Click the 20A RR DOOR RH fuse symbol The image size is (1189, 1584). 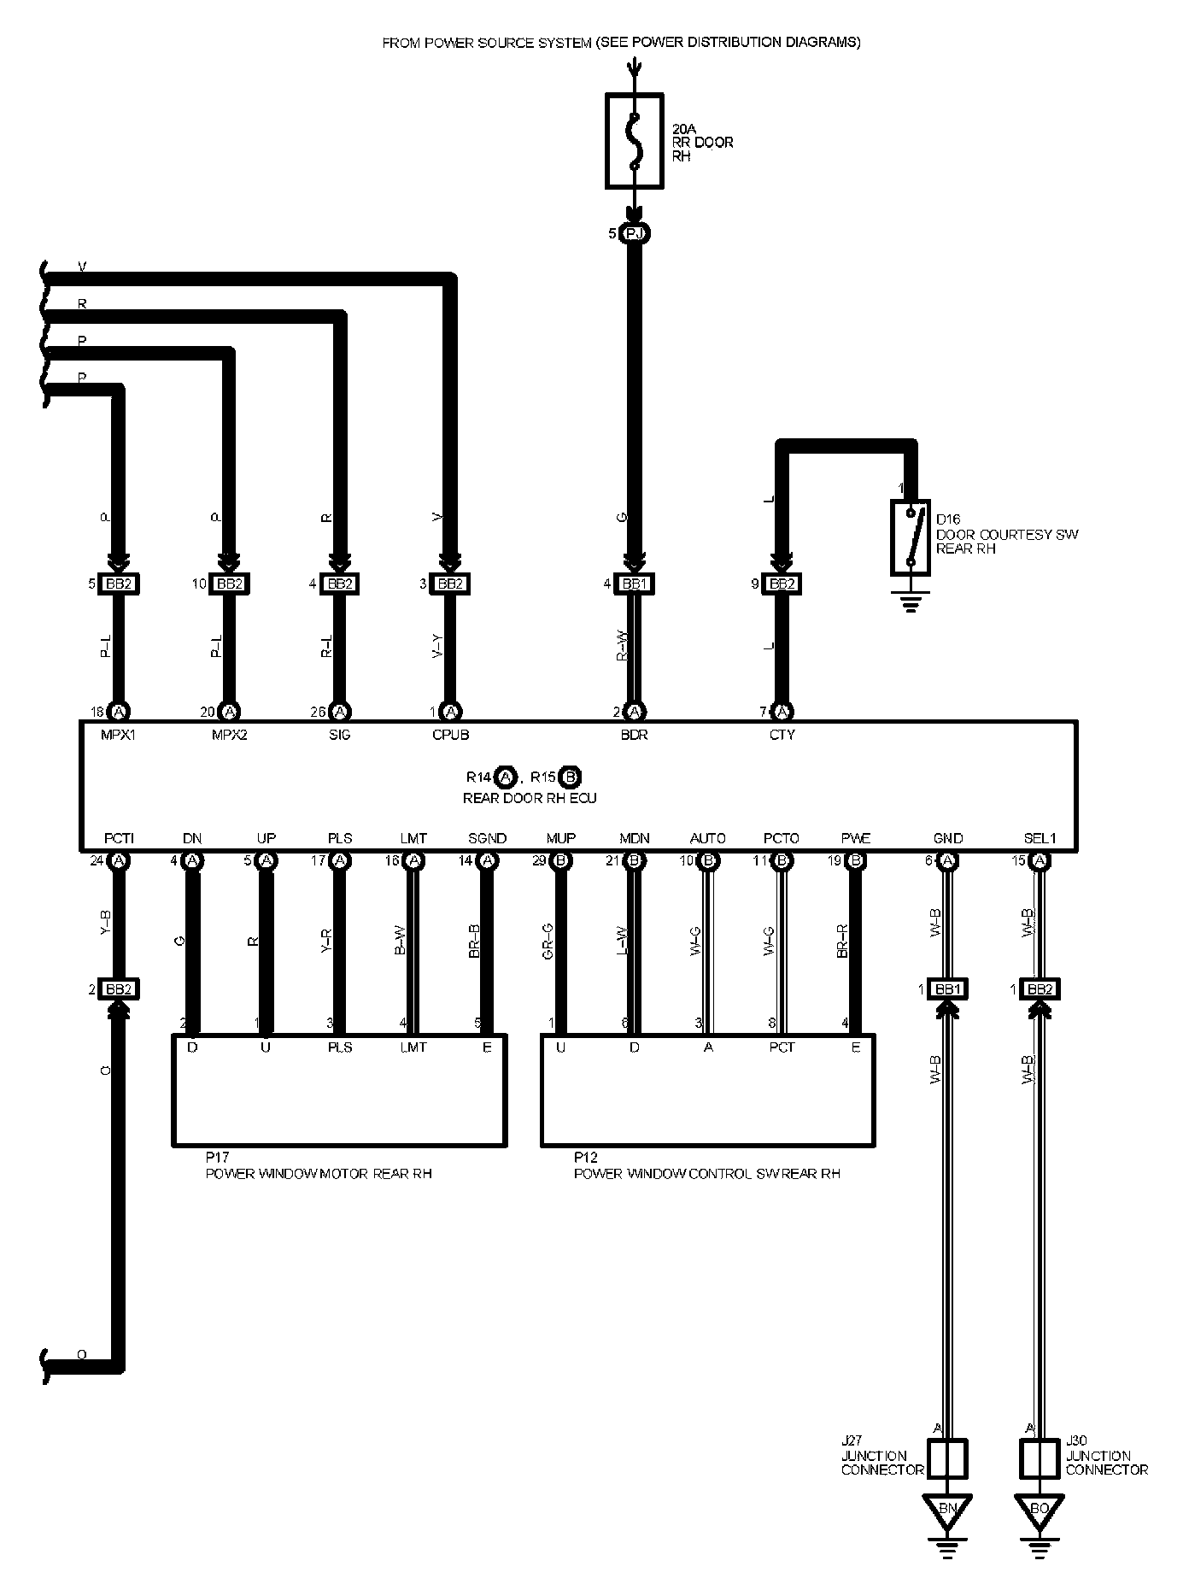point(634,141)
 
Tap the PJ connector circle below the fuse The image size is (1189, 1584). point(634,233)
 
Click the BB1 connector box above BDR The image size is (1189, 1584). point(634,584)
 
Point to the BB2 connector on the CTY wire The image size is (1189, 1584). point(781,584)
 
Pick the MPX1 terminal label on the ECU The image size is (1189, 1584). point(119,735)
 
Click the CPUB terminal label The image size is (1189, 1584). point(451,735)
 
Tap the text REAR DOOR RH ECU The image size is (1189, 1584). point(530,798)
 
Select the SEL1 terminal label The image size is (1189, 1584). point(1040,839)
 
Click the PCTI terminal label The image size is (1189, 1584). point(119,839)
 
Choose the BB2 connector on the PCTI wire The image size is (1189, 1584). point(119,989)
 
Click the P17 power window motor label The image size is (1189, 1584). point(318,1166)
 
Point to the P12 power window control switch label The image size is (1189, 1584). point(706,1166)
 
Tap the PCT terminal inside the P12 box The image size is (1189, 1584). point(782,1047)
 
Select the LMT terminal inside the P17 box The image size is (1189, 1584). point(413,1047)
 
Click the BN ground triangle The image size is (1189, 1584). point(947,1509)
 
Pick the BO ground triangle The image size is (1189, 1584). point(1040,1509)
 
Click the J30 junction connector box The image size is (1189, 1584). point(1040,1458)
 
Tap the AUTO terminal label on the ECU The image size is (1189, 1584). point(707,839)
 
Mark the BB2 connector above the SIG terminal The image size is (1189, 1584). point(340,584)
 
